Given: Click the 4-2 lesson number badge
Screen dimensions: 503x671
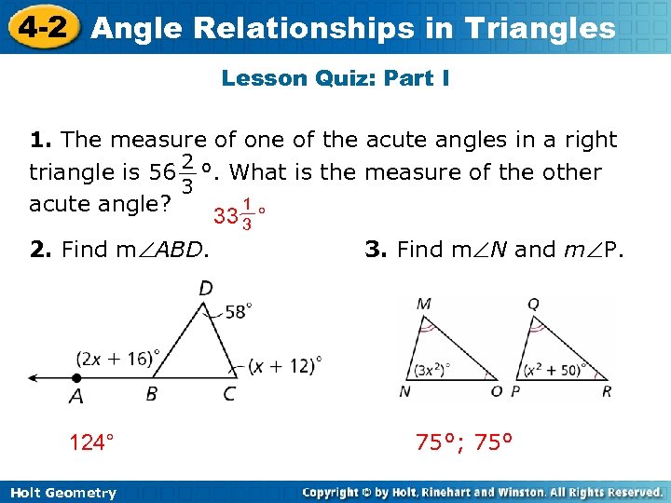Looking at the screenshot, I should pos(38,26).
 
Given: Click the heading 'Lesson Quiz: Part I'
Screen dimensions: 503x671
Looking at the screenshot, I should pos(335,78).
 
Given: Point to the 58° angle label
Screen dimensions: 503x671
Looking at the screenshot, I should pos(238,311).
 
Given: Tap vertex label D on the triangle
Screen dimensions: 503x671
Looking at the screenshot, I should pos(205,289).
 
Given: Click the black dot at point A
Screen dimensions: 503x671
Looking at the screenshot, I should pos(76,378).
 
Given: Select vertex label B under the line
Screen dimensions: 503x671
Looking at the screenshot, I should pos(152,394).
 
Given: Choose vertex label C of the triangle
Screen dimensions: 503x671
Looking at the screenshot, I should pos(229,394).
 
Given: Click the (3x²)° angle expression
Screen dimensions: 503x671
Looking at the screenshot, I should pos(433,367).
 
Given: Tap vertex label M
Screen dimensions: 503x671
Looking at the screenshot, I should pos(424,305).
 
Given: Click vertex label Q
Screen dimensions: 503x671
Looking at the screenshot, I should pos(533,305).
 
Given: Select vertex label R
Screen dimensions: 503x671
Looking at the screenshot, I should pos(607,391).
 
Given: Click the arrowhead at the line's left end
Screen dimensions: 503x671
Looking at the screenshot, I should pos(34,378).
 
